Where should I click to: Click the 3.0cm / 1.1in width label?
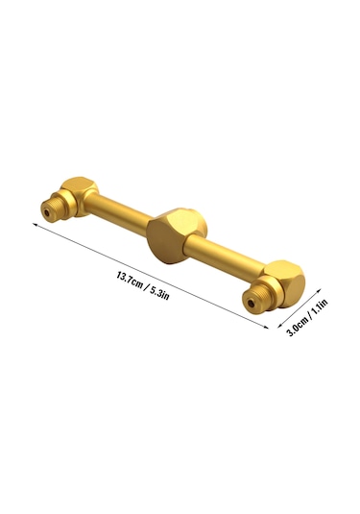pyautogui.click(x=307, y=318)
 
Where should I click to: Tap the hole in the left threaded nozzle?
pyautogui.click(x=47, y=212)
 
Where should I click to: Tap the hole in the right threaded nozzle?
pyautogui.click(x=251, y=304)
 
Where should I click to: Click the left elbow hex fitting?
pyautogui.click(x=79, y=196)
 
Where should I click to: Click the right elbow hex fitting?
pyautogui.click(x=283, y=283)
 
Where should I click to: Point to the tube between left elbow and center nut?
pyautogui.click(x=119, y=213)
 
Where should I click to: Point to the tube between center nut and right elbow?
pyautogui.click(x=226, y=255)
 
